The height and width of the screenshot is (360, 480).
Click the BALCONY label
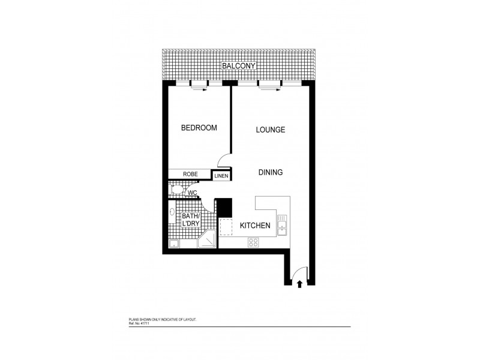tap(239, 65)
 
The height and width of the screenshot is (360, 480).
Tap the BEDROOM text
tap(199, 128)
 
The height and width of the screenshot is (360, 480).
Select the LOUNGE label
tap(270, 130)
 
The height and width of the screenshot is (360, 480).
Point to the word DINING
tap(270, 173)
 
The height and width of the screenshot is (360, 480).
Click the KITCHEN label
tap(255, 226)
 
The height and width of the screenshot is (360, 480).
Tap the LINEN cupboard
tap(221, 176)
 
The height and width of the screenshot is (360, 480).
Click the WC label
tap(193, 193)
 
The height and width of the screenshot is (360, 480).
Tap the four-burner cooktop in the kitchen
tap(253, 242)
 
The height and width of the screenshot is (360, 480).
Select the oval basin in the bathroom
tap(172, 212)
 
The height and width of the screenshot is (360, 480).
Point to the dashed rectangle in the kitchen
tap(227, 227)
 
